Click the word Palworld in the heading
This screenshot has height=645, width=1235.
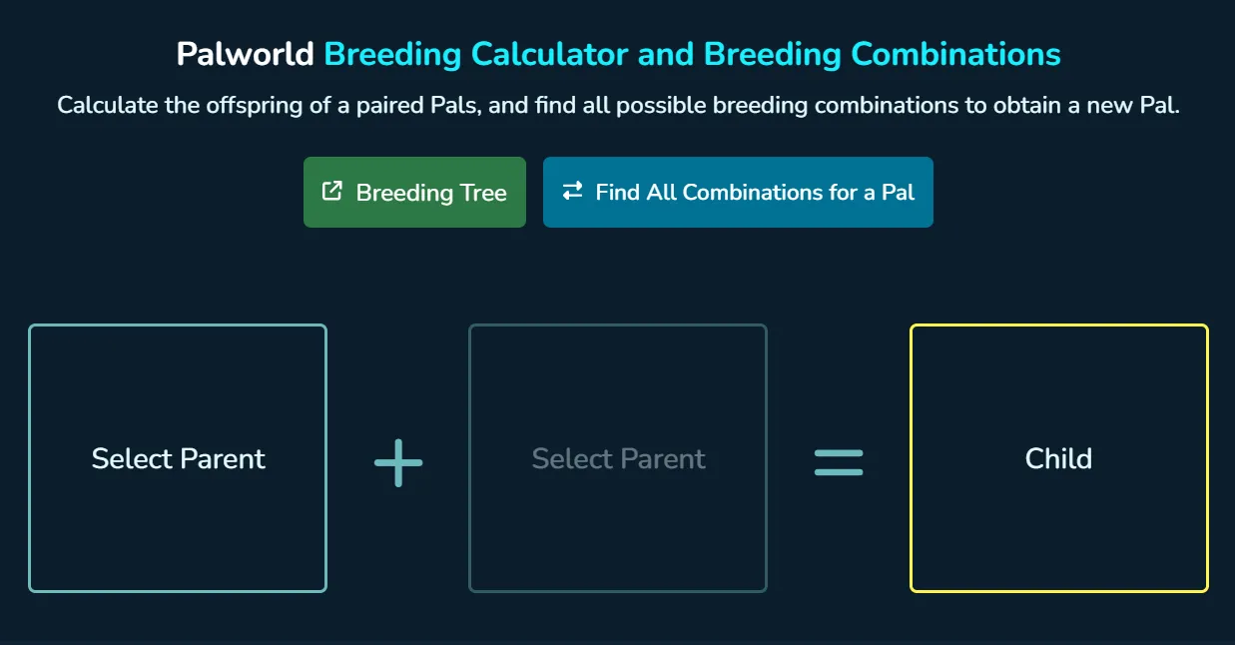(246, 54)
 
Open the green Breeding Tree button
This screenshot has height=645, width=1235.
(414, 192)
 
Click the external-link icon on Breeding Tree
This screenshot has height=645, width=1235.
(332, 192)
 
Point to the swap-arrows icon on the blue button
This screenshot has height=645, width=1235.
(572, 192)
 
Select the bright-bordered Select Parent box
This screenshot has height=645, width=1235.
(178, 458)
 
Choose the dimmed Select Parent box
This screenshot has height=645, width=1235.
(618, 458)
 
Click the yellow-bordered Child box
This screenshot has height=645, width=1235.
(1058, 458)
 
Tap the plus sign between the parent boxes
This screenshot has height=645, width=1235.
(398, 462)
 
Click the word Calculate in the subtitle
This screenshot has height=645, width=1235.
(107, 106)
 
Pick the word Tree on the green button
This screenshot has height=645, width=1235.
(482, 193)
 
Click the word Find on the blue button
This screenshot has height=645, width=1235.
(618, 192)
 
